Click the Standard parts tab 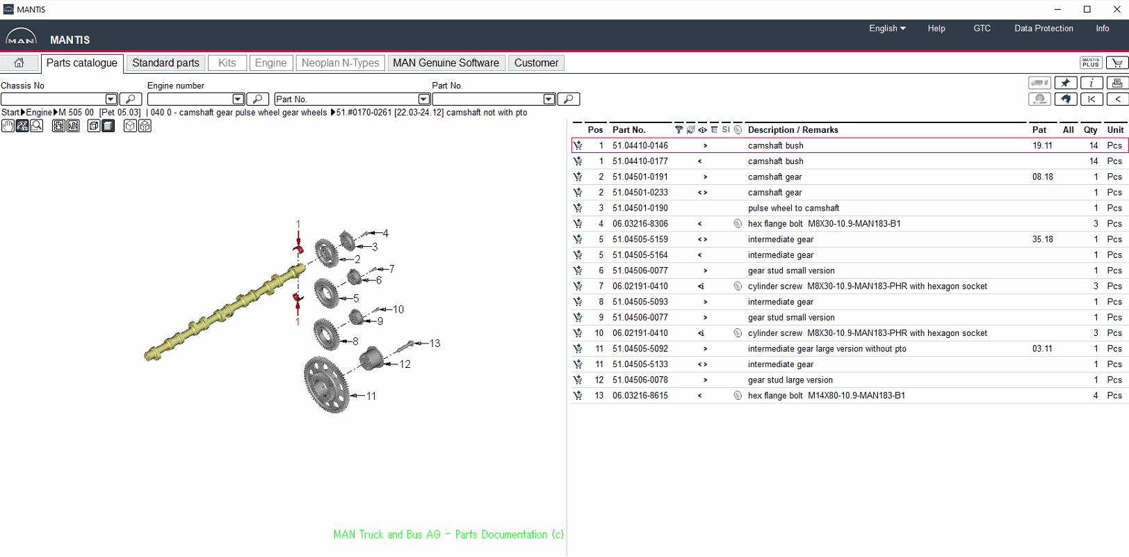click(x=165, y=63)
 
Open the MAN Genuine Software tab click(x=446, y=63)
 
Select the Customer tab click(x=536, y=63)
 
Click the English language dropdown click(x=887, y=29)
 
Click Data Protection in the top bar click(x=1043, y=29)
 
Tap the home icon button click(x=19, y=63)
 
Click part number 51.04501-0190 click(x=640, y=208)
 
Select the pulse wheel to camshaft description click(x=793, y=208)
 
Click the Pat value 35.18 click(x=1042, y=239)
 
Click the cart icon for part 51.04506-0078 click(x=578, y=380)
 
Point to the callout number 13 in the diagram click(x=434, y=344)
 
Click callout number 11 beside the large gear click(x=371, y=396)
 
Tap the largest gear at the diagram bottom click(x=325, y=384)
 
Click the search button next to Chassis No click(x=131, y=99)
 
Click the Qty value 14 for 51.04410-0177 click(x=1093, y=161)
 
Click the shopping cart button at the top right click(x=1116, y=63)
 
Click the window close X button click(x=1116, y=9)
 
